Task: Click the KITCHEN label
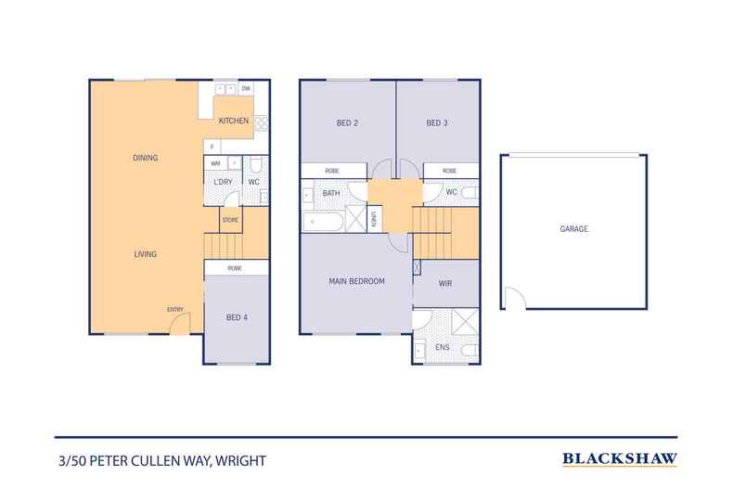[x=232, y=122]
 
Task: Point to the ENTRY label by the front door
[x=174, y=309]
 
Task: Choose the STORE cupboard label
[x=230, y=221]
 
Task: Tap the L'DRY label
[x=223, y=181]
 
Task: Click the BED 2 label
[x=347, y=122]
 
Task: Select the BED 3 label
[x=437, y=122]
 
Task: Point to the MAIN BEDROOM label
[x=357, y=280]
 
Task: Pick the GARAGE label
[x=573, y=228]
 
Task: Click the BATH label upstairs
[x=331, y=193]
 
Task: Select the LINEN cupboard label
[x=374, y=220]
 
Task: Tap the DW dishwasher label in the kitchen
[x=246, y=89]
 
